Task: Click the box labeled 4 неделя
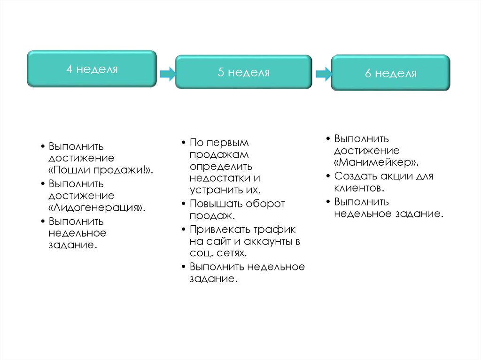(92, 69)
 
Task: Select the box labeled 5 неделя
(243, 72)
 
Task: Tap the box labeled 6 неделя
(390, 73)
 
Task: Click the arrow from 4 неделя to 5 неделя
(167, 74)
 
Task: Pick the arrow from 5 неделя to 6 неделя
(323, 74)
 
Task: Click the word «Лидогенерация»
(96, 207)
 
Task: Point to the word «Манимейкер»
(377, 162)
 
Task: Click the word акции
(397, 176)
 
